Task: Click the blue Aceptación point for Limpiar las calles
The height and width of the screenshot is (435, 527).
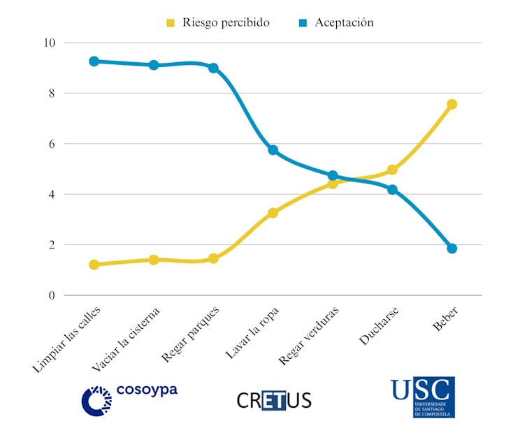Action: coord(94,61)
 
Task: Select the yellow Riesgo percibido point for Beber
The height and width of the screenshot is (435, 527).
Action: coord(452,104)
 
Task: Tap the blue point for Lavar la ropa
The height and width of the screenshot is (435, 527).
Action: coord(273,150)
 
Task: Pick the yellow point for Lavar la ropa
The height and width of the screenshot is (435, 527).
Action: coord(273,213)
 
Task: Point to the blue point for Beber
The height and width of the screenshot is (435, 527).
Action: coord(452,249)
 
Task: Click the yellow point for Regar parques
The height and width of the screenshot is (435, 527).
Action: coord(213,258)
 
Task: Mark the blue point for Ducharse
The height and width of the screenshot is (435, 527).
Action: coord(392,189)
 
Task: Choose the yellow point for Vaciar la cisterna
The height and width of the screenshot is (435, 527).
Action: coord(154,260)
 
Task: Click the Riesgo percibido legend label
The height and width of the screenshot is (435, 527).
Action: coord(226,22)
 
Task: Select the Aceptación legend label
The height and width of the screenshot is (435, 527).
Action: coord(344,22)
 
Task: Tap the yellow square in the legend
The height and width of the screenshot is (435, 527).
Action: coord(171,23)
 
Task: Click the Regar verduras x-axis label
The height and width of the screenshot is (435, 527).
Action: coord(309,335)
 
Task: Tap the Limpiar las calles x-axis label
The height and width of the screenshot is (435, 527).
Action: coord(67,338)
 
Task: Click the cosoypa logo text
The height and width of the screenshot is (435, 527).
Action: coord(147,390)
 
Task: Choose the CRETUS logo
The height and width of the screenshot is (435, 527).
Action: coord(274,400)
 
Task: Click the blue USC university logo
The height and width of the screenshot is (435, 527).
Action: coord(423,397)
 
